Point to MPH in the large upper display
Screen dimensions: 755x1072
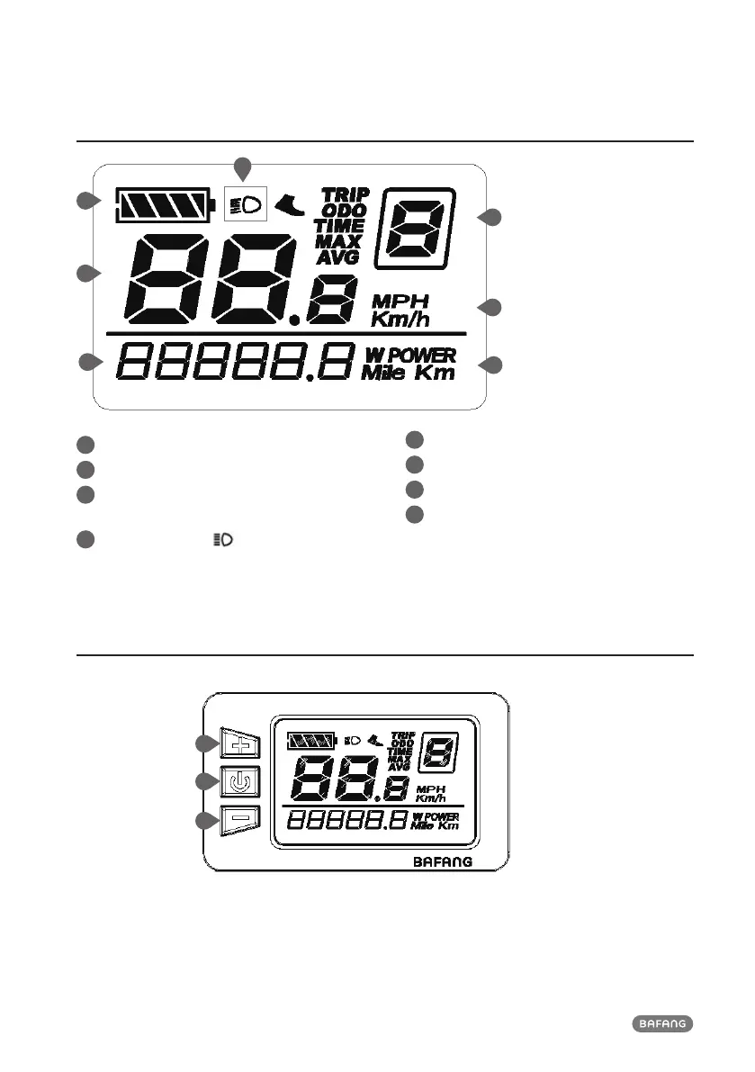point(401,301)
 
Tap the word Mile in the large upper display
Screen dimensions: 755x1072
point(384,374)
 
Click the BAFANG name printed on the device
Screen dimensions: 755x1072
point(443,861)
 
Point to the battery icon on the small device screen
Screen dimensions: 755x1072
point(310,742)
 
